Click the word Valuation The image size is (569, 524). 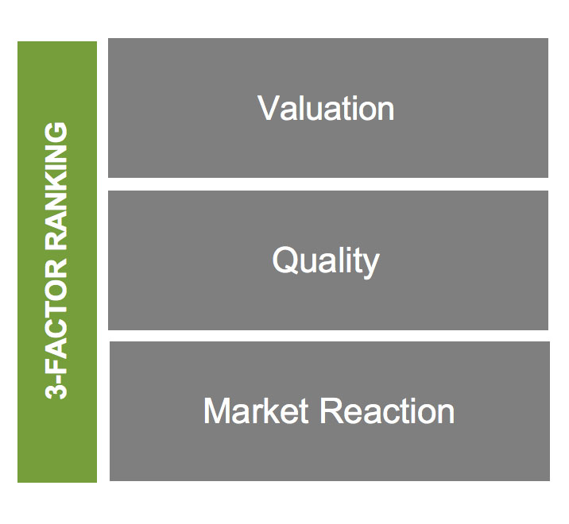(326, 108)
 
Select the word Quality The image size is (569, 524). (326, 261)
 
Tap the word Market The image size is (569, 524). (256, 410)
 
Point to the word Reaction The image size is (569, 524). (387, 410)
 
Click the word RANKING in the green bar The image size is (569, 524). (56, 187)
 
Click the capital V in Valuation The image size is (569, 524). (269, 108)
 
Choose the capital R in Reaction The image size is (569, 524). (331, 410)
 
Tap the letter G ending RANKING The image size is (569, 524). (56, 133)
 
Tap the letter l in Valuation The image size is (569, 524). (304, 108)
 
